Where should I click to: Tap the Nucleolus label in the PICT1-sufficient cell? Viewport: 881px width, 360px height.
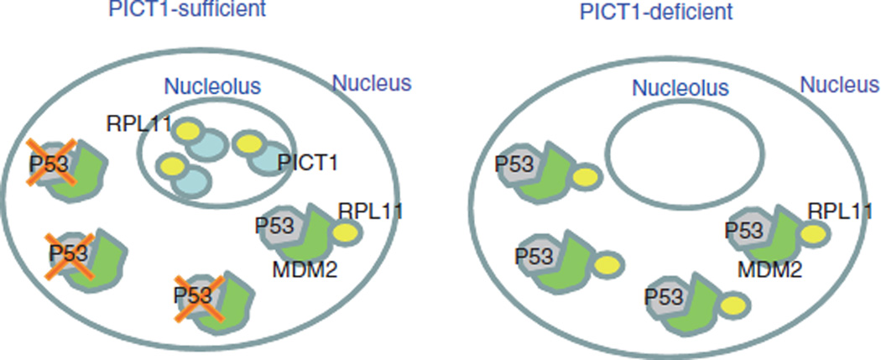[x=212, y=86]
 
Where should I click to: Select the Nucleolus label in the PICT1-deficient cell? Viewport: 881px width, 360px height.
[x=680, y=86]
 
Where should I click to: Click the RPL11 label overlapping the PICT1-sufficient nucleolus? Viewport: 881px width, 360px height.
[x=140, y=125]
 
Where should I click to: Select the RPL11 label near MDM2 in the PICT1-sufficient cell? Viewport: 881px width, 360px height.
[x=370, y=210]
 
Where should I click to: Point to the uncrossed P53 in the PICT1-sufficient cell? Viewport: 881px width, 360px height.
[x=274, y=227]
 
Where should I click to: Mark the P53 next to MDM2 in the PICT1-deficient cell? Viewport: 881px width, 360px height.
[x=742, y=229]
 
